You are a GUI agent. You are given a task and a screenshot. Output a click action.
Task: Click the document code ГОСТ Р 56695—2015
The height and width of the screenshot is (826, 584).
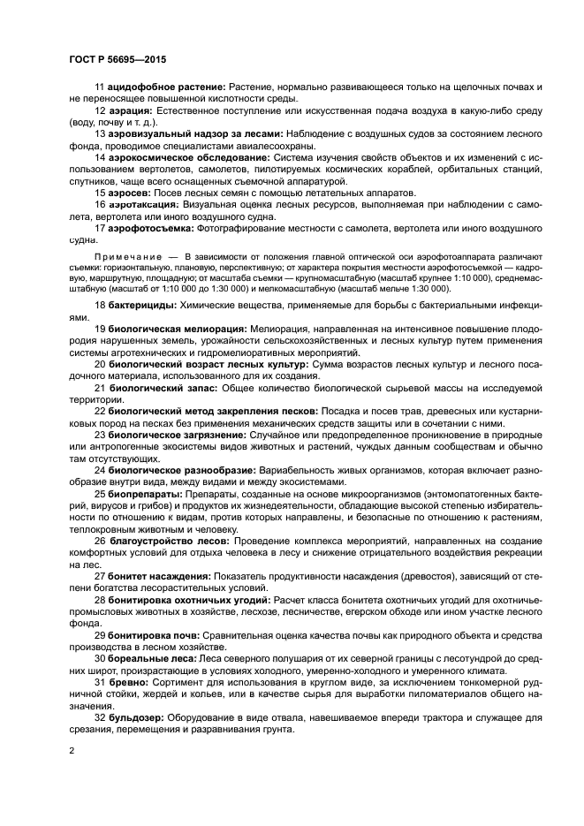point(118,59)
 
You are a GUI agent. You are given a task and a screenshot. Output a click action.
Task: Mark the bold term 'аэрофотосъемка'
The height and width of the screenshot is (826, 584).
point(151,227)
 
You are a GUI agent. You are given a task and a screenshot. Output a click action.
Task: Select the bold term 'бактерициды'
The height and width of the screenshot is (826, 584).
point(142,306)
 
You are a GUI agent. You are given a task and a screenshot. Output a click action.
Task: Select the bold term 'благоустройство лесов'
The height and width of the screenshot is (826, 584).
point(169,539)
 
